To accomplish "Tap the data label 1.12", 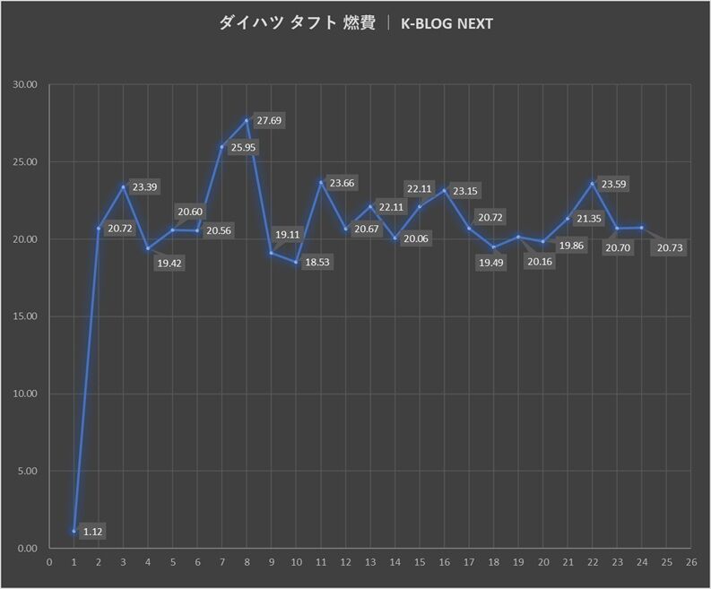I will [93, 532].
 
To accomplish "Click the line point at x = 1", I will [74, 531].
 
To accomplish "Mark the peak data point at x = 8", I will [247, 120].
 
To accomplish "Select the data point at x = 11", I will [320, 182].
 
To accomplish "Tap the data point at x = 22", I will [592, 183].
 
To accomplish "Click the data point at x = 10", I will [296, 262].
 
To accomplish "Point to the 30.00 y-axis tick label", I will [25, 85].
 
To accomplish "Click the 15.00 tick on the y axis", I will [25, 316].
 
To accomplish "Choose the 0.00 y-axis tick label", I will [27, 548].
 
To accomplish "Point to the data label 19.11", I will [287, 235].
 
